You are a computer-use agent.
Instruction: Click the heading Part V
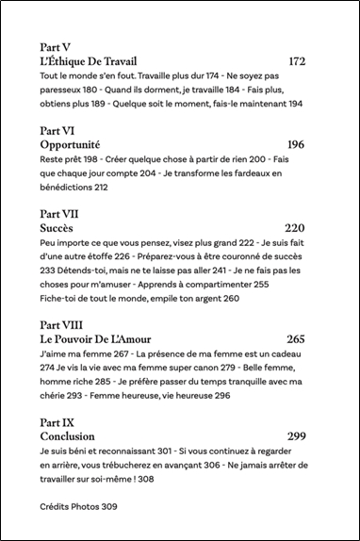pos(57,45)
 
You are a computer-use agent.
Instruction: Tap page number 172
pos(297,61)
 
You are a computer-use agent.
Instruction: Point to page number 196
pos(296,145)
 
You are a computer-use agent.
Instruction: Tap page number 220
pos(296,228)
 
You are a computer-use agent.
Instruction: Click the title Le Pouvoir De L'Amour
pos(96,339)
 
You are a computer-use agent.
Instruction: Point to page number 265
pos(296,339)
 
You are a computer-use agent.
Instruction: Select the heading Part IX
pos(59,422)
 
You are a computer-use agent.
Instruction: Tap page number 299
pos(296,437)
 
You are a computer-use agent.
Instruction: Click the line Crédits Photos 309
pos(79,507)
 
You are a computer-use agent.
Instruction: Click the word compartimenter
pos(216,284)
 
